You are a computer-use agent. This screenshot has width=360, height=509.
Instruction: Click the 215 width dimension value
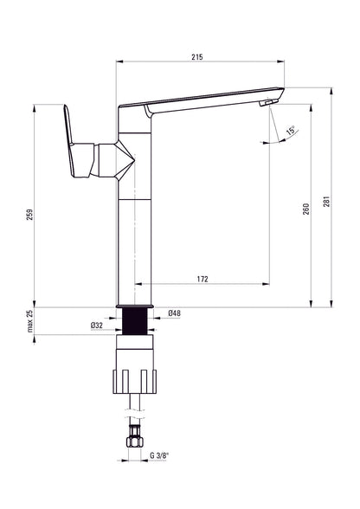pos(196,57)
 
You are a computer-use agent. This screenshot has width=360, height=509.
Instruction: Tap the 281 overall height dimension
pos(326,201)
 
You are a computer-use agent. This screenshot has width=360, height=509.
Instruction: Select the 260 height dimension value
pos(305,209)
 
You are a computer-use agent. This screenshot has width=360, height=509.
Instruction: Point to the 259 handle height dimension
pos(30,215)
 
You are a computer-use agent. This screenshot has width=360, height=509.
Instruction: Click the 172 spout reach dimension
pos(202,279)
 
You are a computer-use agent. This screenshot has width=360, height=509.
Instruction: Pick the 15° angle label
pos(291,131)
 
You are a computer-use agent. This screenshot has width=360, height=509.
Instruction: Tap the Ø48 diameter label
pos(175,313)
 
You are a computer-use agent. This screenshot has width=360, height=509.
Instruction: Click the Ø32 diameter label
pos(97,325)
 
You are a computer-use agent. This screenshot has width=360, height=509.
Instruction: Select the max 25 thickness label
pos(30,321)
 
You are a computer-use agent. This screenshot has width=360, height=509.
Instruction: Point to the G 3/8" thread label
pos(160,455)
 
